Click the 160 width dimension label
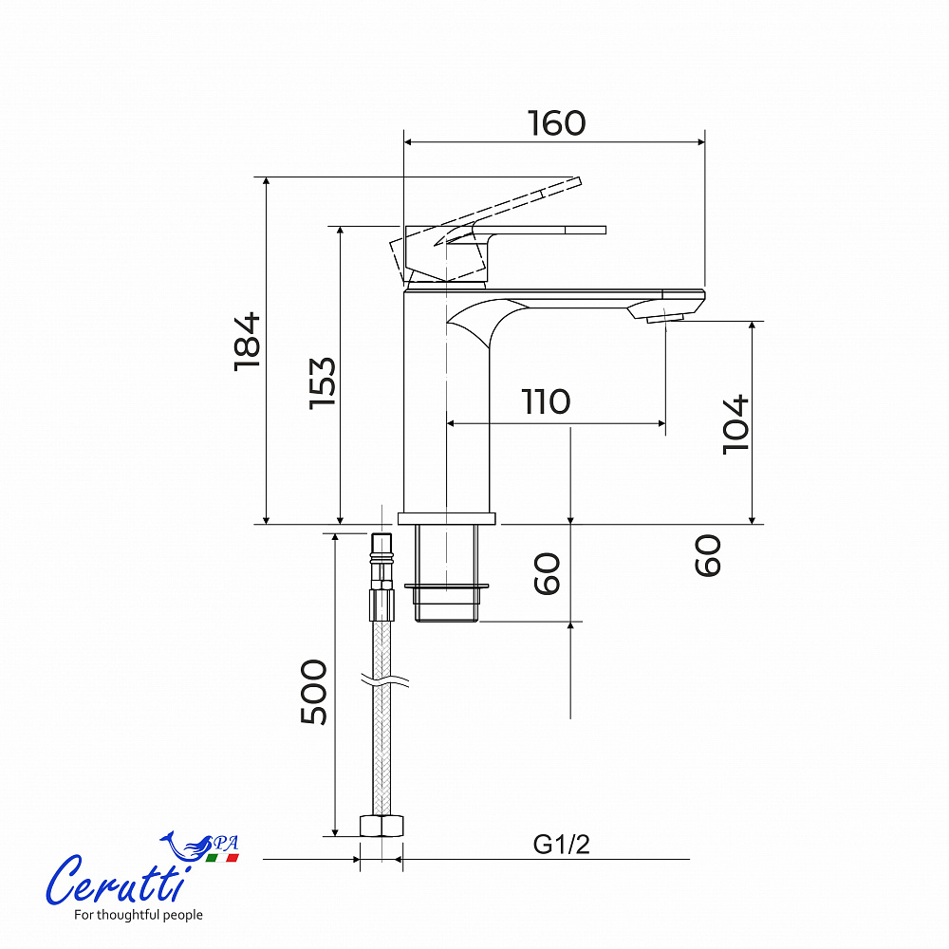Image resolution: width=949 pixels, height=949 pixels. click(557, 123)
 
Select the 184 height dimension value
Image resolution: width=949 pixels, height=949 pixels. click(248, 342)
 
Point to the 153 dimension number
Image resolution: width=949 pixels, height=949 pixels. click(322, 383)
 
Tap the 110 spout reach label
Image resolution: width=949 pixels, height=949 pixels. click(546, 401)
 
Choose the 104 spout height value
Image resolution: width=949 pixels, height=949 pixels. click(736, 424)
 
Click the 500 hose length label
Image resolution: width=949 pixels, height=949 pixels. click(313, 692)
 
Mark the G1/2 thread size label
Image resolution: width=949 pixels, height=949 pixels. click(561, 845)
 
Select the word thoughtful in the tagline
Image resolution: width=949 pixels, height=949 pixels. click(123, 915)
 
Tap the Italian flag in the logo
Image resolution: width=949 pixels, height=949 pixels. click(222, 858)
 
